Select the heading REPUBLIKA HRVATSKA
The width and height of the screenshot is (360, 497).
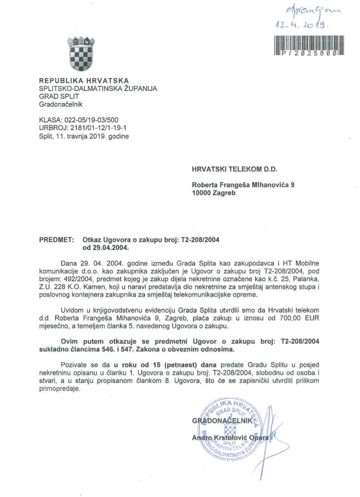click(84, 81)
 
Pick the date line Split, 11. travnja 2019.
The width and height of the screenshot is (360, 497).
click(84, 136)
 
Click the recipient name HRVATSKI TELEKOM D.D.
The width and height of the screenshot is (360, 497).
click(234, 170)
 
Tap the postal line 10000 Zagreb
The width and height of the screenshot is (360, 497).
click(213, 193)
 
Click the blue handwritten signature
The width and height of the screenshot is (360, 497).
click(268, 438)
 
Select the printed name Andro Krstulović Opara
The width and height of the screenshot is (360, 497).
click(230, 438)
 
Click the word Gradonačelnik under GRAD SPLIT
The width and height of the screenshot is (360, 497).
click(61, 104)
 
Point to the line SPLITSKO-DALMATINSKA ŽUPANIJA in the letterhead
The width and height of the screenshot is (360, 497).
click(98, 89)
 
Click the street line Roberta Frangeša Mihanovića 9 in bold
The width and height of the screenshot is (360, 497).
click(243, 185)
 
